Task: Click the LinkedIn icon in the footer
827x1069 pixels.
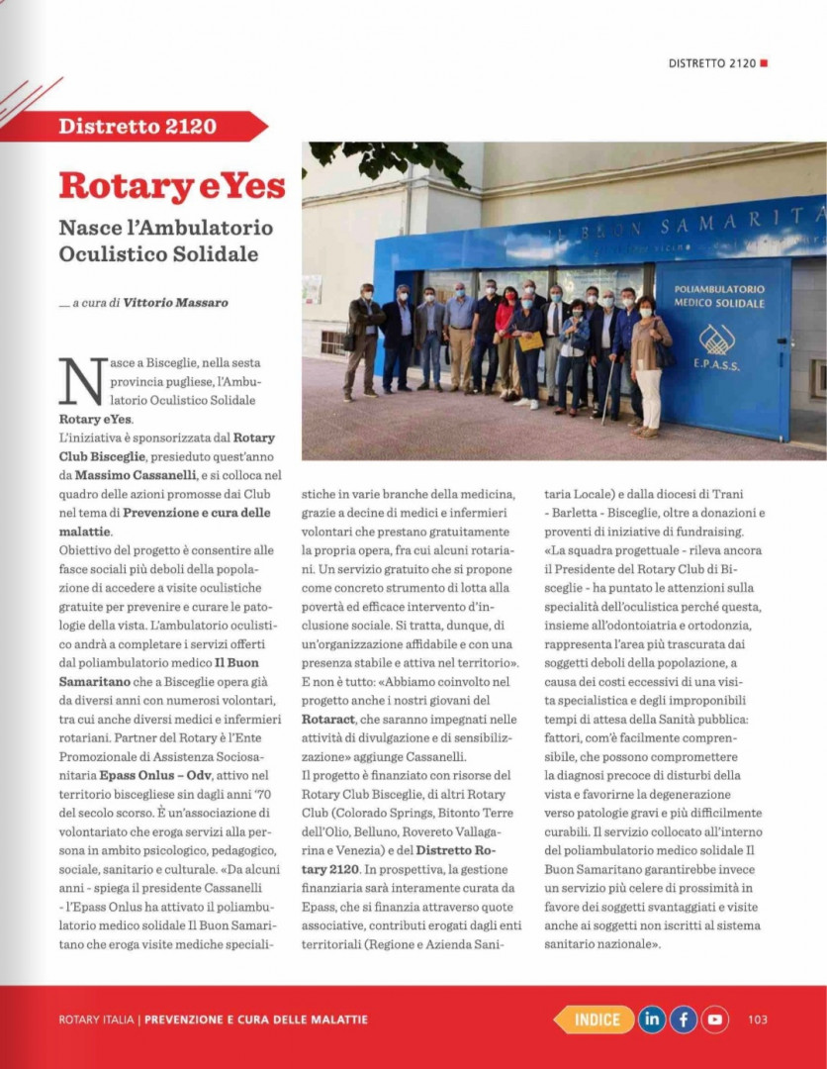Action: click(x=651, y=1019)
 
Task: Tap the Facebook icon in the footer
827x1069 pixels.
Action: click(x=684, y=1019)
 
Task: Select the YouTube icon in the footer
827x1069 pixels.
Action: click(x=715, y=1019)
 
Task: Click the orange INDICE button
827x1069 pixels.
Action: click(x=596, y=1019)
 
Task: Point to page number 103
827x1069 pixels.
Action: click(x=758, y=1020)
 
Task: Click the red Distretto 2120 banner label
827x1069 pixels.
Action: click(x=138, y=126)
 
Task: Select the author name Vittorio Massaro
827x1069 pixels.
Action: click(x=175, y=303)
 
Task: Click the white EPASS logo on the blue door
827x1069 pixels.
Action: click(x=717, y=340)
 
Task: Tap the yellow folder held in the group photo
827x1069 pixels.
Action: click(x=531, y=341)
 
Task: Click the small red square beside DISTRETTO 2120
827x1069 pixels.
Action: click(x=765, y=63)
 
